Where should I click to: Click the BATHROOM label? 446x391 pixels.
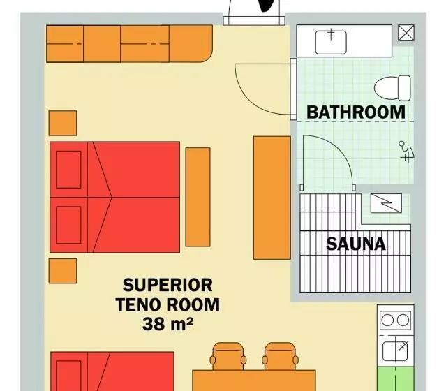[x=356, y=112]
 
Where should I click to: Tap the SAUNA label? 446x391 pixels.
[x=356, y=244]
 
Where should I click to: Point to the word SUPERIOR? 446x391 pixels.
[x=168, y=285]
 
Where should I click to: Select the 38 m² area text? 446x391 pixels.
[x=168, y=324]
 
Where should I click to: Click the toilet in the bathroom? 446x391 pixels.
[x=392, y=88]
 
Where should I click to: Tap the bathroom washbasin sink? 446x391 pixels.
[x=331, y=43]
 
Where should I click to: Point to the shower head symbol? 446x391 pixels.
[x=406, y=152]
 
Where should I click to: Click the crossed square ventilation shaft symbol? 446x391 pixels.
[x=406, y=33]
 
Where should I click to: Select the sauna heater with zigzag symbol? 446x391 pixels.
[x=386, y=203]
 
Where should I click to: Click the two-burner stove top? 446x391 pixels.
[x=395, y=320]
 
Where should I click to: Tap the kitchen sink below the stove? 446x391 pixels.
[x=395, y=351]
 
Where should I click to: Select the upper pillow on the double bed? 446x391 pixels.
[x=68, y=170]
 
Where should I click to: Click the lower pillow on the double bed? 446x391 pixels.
[x=68, y=225]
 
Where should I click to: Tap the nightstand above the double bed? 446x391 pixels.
[x=63, y=123]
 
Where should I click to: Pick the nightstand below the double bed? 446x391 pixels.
[x=63, y=271]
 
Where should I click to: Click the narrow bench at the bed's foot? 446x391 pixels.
[x=198, y=197]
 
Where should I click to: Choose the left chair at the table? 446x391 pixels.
[x=228, y=357]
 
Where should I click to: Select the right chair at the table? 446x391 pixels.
[x=280, y=357]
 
